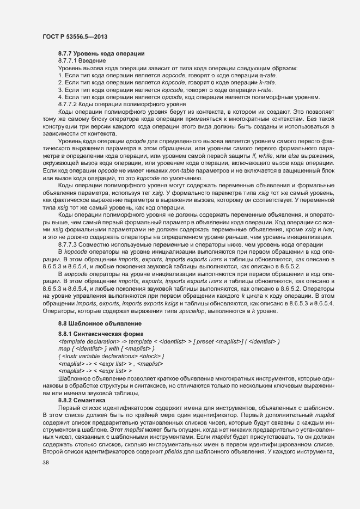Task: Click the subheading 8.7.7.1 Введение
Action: point(78,60)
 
